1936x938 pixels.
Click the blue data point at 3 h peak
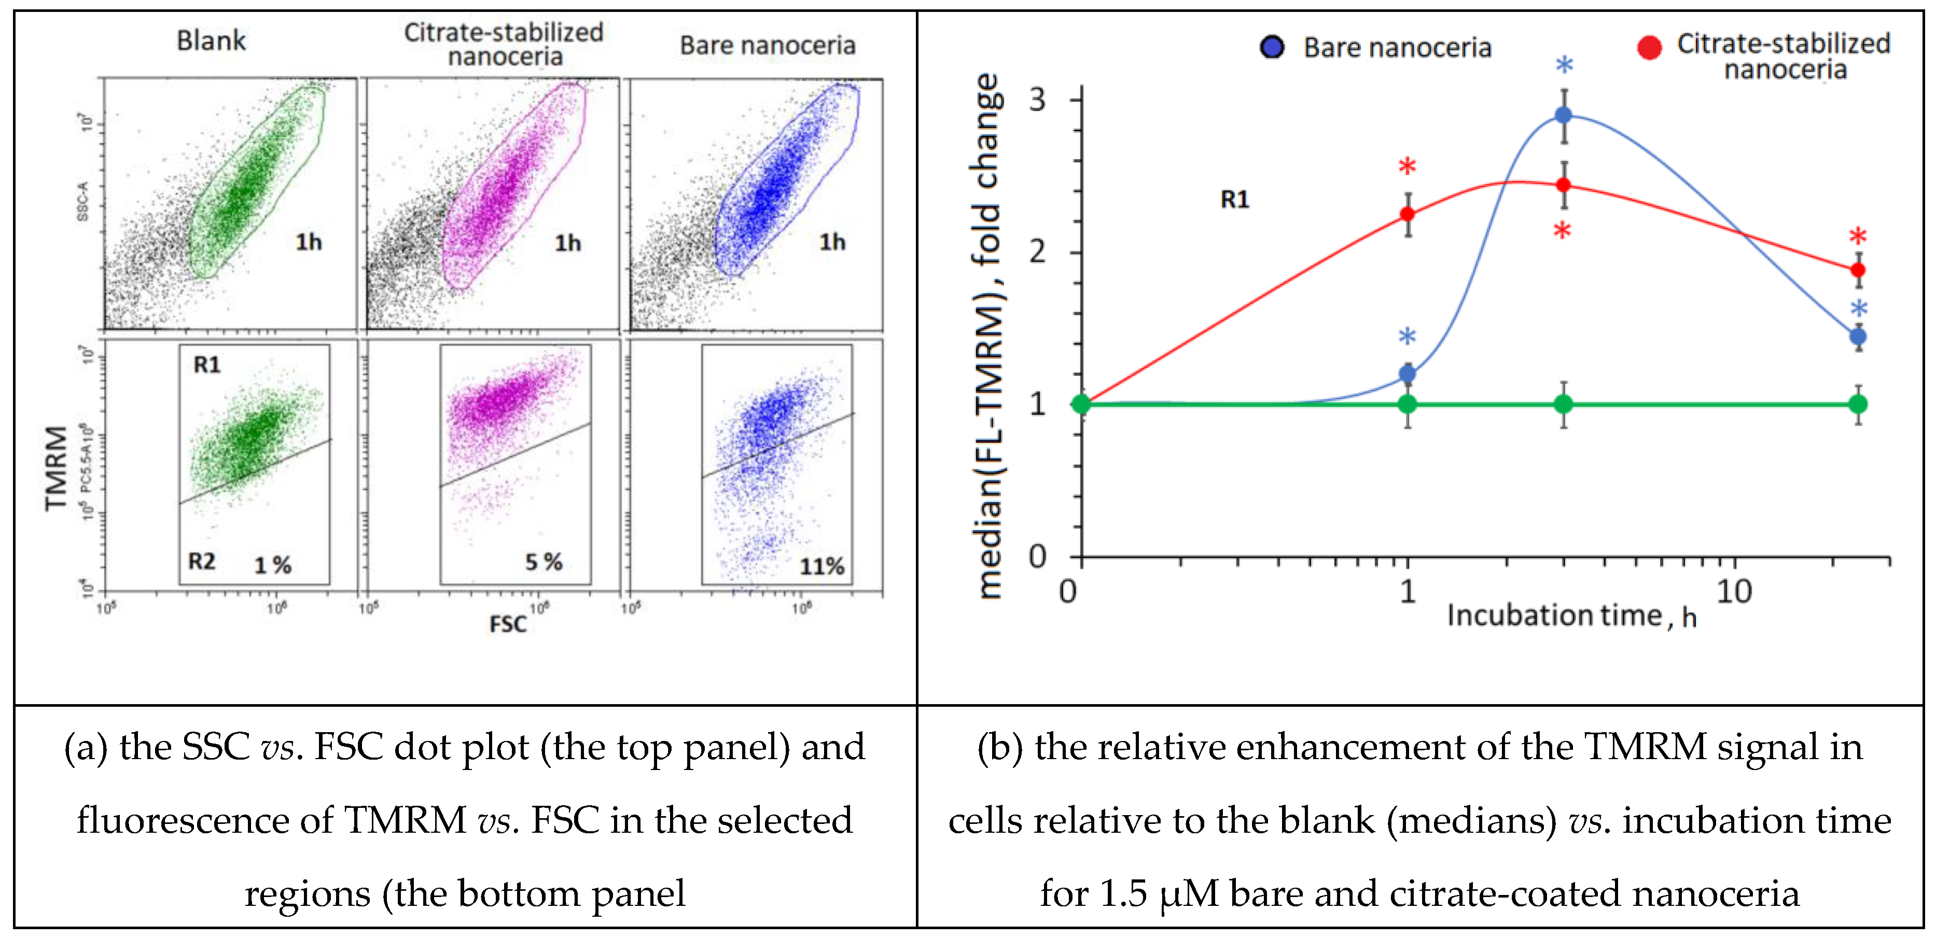coord(1563,116)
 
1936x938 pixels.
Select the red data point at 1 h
coord(1407,214)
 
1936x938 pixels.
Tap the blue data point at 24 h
coord(1857,337)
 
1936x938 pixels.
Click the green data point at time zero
coord(1081,404)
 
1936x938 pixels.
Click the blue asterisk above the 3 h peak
coord(1563,67)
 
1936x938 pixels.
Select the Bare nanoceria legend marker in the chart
coord(1272,47)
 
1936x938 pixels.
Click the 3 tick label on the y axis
coord(1037,99)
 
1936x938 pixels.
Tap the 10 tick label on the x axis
coord(1734,592)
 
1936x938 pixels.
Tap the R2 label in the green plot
coord(201,562)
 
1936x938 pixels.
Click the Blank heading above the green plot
coord(211,40)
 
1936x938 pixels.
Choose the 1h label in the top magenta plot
coord(567,243)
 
